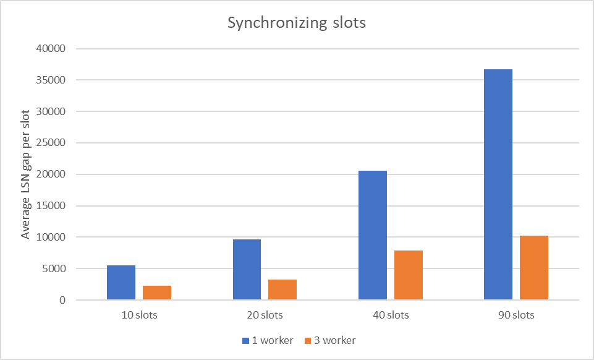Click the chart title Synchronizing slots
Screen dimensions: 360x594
pyautogui.click(x=297, y=24)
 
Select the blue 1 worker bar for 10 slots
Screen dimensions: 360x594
pyautogui.click(x=121, y=283)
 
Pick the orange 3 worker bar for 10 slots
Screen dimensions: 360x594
pyautogui.click(x=157, y=293)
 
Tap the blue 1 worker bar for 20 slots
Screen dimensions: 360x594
pyautogui.click(x=247, y=270)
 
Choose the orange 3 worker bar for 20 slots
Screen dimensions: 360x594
pyautogui.click(x=282, y=289)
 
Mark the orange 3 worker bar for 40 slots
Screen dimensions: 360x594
pyautogui.click(x=409, y=275)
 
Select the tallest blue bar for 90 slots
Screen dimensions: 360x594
pyautogui.click(x=498, y=184)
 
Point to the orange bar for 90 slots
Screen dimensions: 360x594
pyautogui.click(x=534, y=268)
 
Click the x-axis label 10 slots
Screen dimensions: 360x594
pyautogui.click(x=139, y=315)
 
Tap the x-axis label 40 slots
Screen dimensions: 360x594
pyautogui.click(x=391, y=315)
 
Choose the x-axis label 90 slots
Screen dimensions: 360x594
pyautogui.click(x=516, y=315)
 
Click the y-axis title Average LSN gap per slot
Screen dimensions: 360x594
pyautogui.click(x=26, y=174)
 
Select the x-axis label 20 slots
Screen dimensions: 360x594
pyautogui.click(x=265, y=315)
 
